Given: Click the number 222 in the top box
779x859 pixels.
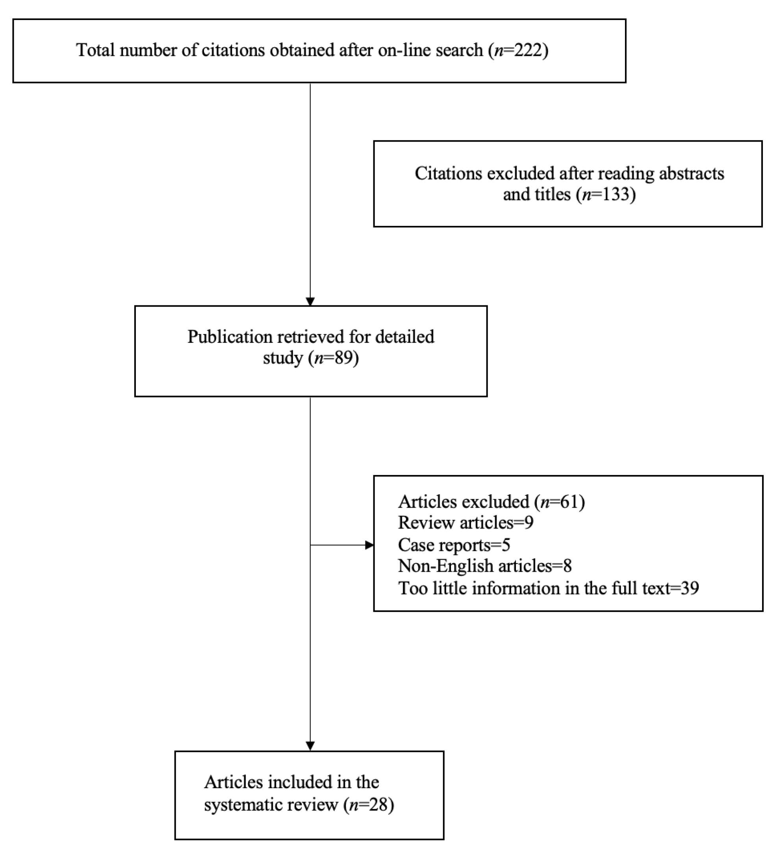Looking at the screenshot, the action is tap(528, 50).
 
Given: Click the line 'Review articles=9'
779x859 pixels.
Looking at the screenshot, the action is tap(466, 523).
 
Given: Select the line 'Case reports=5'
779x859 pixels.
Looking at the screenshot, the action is tap(454, 545).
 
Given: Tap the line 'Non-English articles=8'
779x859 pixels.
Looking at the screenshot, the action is tap(485, 566).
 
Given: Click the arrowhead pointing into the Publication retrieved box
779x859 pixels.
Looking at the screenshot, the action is tap(310, 302).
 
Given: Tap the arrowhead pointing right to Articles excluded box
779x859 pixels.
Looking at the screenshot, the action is tap(369, 545).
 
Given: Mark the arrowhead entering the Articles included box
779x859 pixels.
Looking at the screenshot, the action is tap(310, 746).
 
